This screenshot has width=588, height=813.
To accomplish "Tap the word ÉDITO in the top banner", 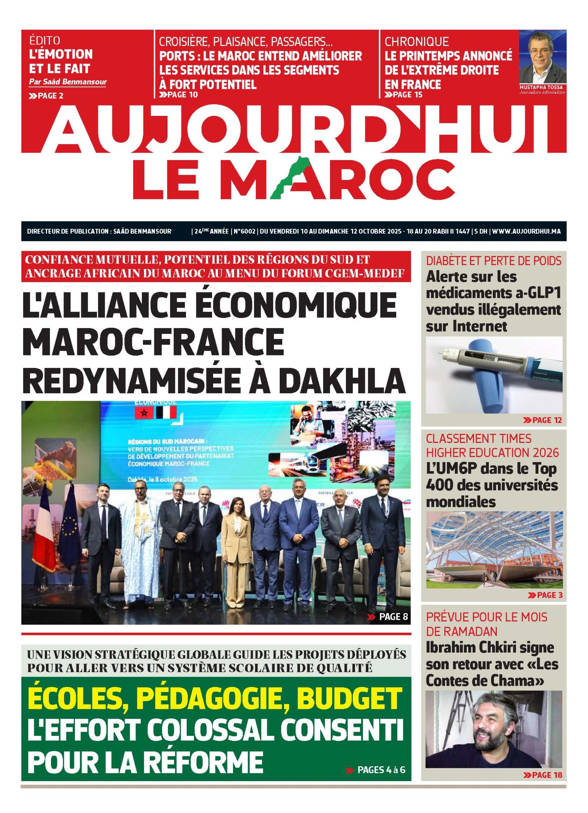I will (x=44, y=40).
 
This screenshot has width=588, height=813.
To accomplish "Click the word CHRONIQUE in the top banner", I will (x=417, y=41).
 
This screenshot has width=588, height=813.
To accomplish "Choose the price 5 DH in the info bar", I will (x=480, y=231).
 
